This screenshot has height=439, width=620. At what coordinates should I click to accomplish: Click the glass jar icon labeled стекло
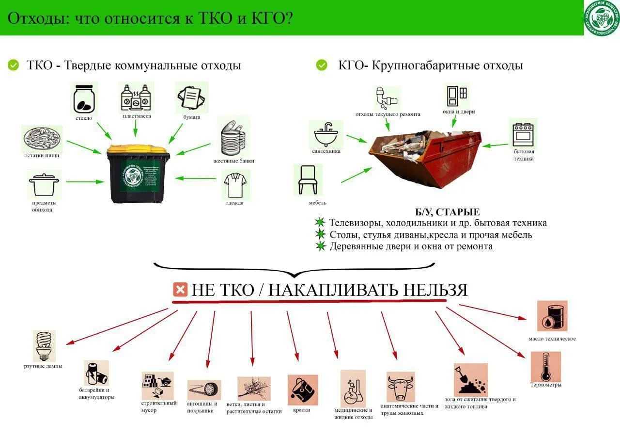click(84, 98)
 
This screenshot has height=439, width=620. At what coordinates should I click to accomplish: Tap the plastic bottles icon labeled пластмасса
click(136, 97)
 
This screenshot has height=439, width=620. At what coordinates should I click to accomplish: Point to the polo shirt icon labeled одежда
click(236, 184)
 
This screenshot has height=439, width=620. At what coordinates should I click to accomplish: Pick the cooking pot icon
click(44, 185)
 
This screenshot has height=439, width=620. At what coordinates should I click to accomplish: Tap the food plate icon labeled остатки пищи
click(42, 139)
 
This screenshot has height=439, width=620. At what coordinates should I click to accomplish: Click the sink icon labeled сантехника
click(325, 134)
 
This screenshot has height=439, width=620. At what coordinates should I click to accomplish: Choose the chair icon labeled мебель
click(308, 179)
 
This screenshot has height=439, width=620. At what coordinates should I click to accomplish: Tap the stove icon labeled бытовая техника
click(523, 133)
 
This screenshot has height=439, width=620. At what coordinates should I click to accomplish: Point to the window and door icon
click(456, 96)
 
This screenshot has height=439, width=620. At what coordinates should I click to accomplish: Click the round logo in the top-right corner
click(602, 18)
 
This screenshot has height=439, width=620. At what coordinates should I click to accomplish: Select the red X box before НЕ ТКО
click(180, 290)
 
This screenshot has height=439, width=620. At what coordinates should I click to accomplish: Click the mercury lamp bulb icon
click(44, 346)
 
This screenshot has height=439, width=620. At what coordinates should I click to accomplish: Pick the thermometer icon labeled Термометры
click(546, 367)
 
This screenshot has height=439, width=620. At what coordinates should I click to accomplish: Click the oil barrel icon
click(552, 316)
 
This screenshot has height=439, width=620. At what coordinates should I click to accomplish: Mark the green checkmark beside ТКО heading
click(14, 65)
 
